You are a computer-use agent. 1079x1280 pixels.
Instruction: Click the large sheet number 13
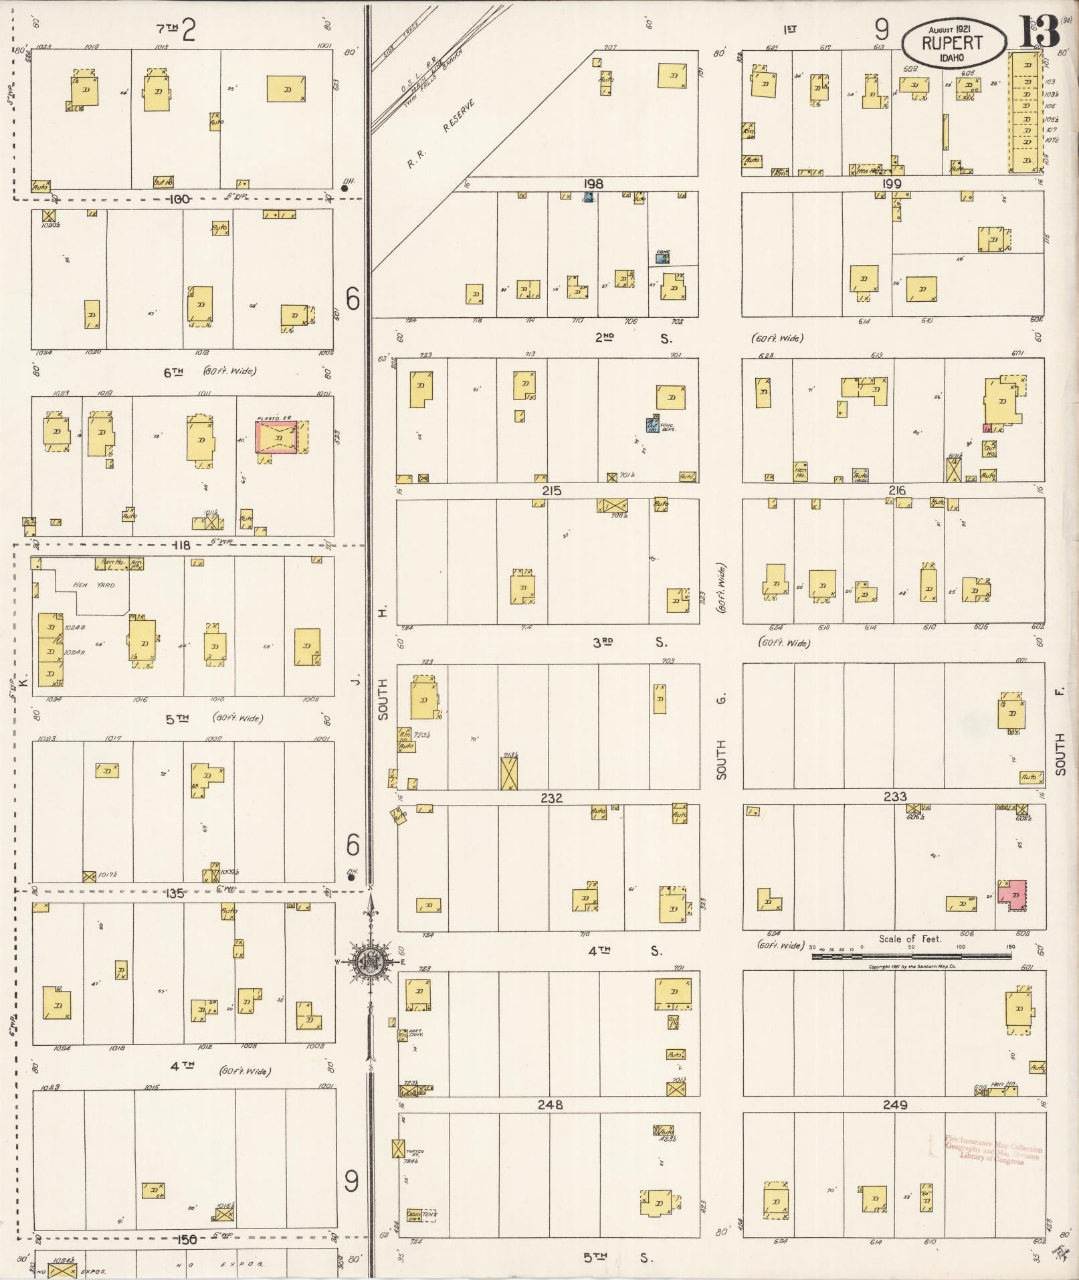1039,31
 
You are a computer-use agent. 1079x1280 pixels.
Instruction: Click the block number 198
593,184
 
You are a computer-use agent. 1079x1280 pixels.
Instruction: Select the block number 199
892,184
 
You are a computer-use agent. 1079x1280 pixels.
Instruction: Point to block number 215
551,491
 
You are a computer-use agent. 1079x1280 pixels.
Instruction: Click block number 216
896,491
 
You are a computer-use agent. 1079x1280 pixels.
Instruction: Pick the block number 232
551,798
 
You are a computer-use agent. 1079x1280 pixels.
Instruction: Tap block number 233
895,797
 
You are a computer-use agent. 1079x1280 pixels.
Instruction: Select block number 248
550,1105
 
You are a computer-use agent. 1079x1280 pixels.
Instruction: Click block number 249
895,1105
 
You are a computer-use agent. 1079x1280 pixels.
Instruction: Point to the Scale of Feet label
910,939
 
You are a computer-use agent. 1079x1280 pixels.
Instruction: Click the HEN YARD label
98,585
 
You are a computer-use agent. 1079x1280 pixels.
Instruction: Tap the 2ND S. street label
633,339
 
